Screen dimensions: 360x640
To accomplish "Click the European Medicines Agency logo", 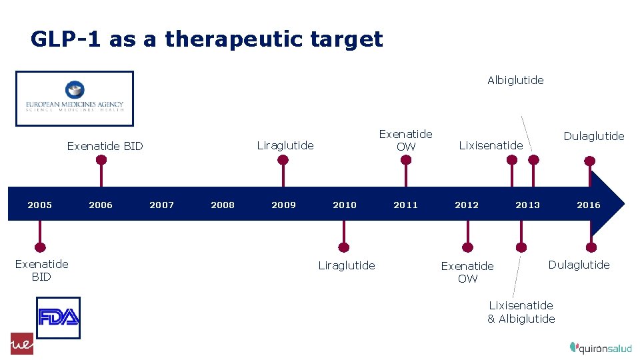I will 75,99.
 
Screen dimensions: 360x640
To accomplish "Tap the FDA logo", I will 58,318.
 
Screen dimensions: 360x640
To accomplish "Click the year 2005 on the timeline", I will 39,205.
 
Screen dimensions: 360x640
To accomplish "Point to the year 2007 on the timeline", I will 161,205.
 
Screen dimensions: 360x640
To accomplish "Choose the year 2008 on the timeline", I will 223,205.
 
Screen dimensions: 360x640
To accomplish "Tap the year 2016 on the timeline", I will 589,205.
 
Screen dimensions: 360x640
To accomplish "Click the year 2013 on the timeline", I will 527,205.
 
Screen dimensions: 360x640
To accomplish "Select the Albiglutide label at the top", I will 515,80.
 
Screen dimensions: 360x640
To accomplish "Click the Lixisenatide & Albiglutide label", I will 521,312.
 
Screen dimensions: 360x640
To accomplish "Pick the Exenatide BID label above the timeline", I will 105,146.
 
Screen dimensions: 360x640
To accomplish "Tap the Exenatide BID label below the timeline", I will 41,271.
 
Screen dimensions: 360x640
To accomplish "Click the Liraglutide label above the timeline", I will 285,145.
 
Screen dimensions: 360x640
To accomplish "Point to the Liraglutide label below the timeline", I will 346,265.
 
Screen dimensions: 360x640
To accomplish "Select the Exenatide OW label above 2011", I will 405,141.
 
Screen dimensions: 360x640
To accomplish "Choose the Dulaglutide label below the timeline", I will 579,265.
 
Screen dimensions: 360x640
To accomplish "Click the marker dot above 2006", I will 101,160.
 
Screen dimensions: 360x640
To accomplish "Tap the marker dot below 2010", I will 344,247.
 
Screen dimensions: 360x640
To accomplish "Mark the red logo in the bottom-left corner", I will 22,343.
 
